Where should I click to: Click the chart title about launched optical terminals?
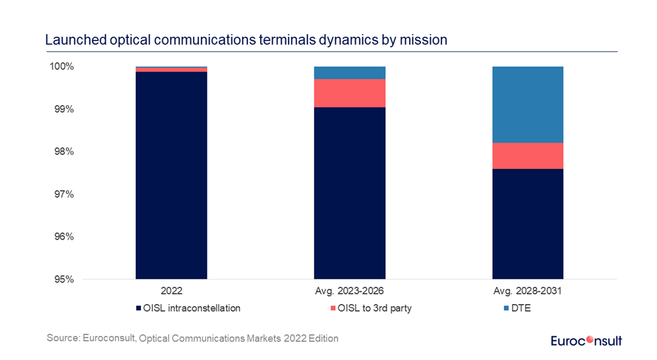[x=246, y=40]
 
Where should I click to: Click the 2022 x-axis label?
[x=172, y=291]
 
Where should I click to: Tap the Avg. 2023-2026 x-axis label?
[x=350, y=291]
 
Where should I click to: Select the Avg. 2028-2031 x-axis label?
[x=528, y=291]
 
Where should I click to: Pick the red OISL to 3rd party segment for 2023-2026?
[x=350, y=93]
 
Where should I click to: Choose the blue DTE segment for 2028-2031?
[x=528, y=104]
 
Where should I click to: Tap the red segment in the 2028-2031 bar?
[x=528, y=156]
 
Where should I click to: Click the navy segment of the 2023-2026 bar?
[x=350, y=193]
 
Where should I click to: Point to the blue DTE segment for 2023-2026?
[x=350, y=73]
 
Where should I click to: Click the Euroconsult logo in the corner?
[x=587, y=341]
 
